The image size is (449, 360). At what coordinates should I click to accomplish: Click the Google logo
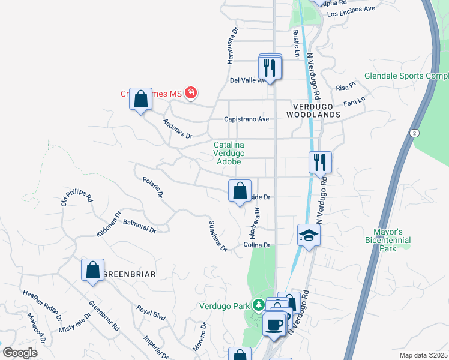coord(19,353)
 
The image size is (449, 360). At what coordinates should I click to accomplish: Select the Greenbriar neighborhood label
coord(129,274)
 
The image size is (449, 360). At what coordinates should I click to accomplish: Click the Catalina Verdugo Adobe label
coord(228,153)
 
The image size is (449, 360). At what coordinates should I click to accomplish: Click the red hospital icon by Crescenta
coord(191,92)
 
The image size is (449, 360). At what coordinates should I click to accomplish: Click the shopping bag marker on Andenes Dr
coord(140,99)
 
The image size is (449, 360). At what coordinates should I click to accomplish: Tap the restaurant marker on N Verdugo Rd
coord(320,162)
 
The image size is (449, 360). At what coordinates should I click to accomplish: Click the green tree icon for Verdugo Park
coord(258,305)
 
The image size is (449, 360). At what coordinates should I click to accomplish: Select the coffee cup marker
coord(276,324)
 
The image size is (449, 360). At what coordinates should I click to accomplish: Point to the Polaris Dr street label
coord(153,187)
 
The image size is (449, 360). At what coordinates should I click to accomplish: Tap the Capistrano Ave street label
coord(246,119)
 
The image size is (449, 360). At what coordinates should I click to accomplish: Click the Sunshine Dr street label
coord(217,236)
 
